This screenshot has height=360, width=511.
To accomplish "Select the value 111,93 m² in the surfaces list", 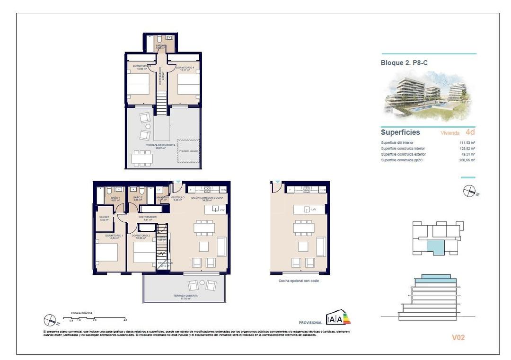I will (467, 142).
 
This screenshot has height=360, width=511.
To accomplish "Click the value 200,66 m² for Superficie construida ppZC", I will (467, 160).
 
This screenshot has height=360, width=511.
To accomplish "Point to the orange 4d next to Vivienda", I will (470, 132).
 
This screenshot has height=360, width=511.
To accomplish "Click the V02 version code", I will (458, 337).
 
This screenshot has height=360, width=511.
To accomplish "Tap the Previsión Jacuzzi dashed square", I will (189, 151).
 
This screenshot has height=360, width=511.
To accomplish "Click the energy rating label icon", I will (338, 318).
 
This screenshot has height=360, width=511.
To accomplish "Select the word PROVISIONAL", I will (310, 322).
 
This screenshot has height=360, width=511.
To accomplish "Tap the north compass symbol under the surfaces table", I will (469, 191).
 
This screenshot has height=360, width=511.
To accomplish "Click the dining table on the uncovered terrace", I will (142, 158).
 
